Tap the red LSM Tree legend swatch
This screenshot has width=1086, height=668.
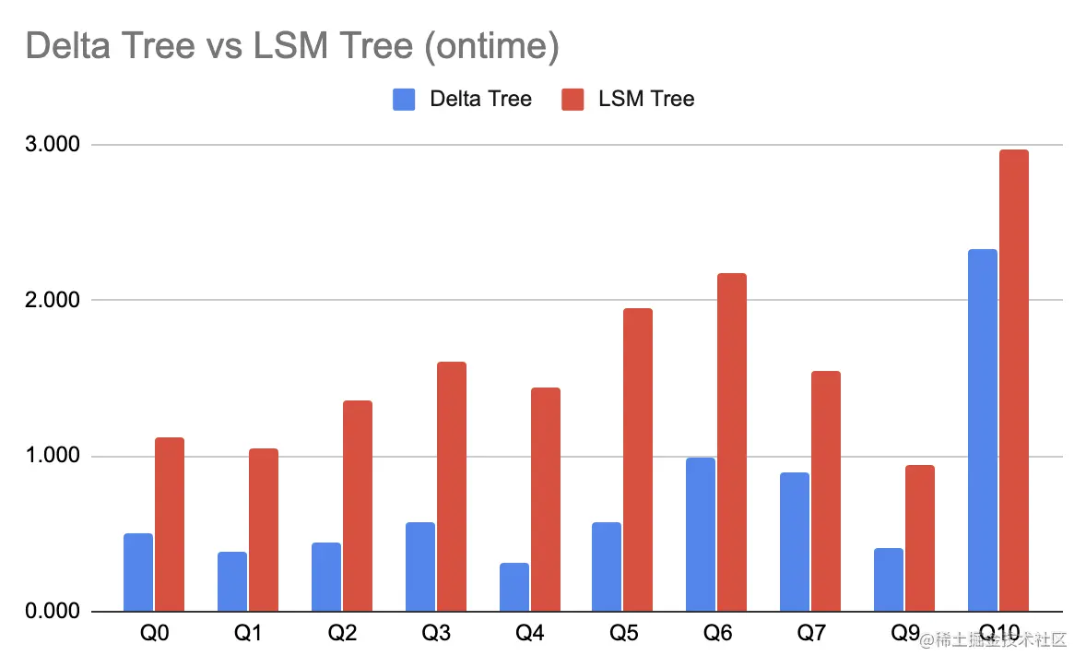[573, 99]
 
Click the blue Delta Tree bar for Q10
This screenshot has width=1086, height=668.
[983, 430]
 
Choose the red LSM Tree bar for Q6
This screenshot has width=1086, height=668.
[732, 442]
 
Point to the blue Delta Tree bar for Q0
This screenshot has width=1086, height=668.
[138, 572]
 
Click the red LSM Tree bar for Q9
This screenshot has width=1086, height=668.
[920, 538]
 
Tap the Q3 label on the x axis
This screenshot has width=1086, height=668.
[436, 635]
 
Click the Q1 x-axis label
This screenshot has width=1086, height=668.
[248, 635]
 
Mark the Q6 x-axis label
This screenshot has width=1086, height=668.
[716, 635]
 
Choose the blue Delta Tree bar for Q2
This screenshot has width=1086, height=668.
[326, 577]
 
